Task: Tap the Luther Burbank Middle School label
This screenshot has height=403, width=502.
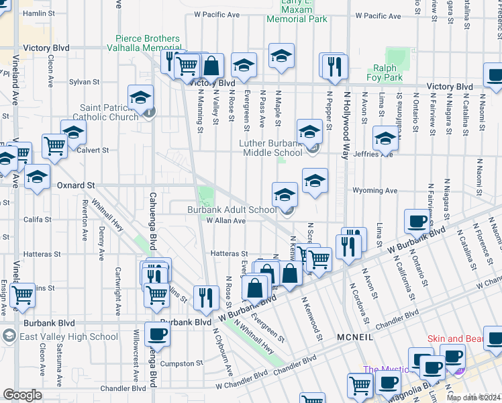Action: (272, 148)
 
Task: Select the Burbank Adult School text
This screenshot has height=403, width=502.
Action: (232, 210)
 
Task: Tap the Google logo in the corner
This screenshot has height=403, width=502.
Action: (22, 395)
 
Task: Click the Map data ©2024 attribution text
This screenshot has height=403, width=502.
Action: (473, 398)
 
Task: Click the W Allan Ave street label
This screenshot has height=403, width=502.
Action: (225, 220)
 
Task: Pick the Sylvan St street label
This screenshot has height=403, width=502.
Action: (84, 82)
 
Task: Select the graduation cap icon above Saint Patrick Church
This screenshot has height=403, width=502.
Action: (141, 97)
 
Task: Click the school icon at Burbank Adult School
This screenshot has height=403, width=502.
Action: (285, 195)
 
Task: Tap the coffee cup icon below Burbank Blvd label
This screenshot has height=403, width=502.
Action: (157, 334)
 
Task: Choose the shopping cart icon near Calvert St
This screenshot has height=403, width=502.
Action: (54, 145)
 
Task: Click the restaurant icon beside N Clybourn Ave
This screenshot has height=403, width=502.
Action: (206, 296)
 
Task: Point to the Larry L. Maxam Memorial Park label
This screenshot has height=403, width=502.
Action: (297, 11)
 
